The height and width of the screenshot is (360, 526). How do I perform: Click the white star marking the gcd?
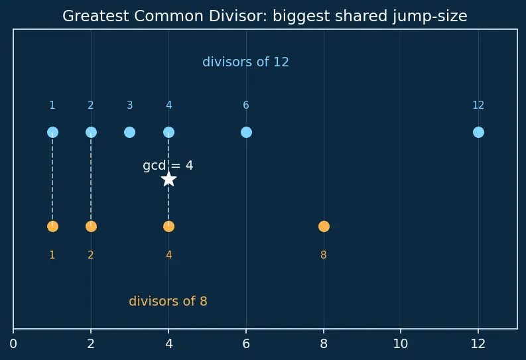tap(168, 179)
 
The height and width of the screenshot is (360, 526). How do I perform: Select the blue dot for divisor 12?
tap(478, 133)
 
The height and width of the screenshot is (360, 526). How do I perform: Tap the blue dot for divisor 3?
tap(130, 133)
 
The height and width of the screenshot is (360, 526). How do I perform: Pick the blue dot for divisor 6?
tap(246, 133)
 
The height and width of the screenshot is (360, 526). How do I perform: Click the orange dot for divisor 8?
tap(324, 227)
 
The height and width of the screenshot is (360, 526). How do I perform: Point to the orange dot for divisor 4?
tap(168, 227)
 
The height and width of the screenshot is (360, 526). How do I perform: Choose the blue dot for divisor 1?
tap(52, 133)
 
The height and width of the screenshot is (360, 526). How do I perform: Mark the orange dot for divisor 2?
tap(92, 227)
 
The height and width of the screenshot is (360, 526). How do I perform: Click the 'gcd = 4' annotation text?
tap(168, 166)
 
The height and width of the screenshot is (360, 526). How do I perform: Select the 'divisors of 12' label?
tap(245, 62)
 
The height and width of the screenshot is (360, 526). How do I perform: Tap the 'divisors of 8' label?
tap(168, 301)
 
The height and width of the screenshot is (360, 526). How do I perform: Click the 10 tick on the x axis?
tap(401, 343)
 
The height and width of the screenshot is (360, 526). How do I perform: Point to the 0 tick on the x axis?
tap(13, 343)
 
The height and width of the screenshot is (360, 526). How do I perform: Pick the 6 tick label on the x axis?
tap(246, 343)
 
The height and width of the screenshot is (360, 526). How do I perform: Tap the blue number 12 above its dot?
tap(478, 105)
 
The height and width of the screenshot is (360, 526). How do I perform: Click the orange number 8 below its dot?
tap(324, 255)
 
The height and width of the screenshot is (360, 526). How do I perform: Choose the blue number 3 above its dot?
tap(130, 105)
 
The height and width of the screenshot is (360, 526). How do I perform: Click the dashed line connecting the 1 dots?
tap(52, 179)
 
